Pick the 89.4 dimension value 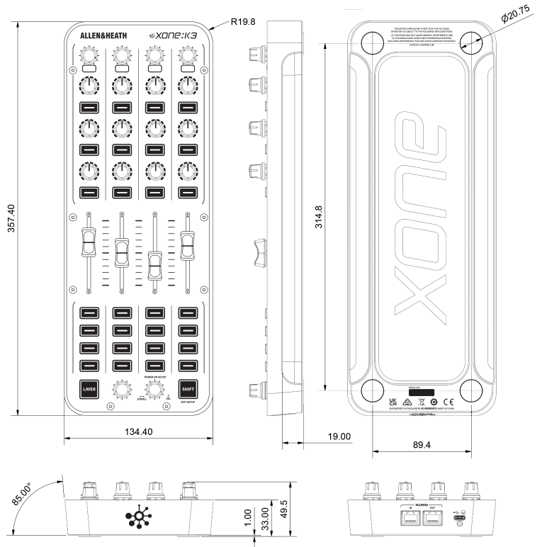(422, 444)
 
